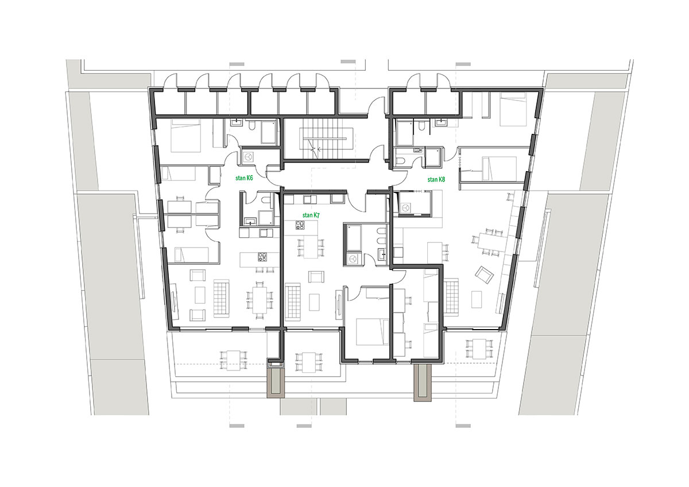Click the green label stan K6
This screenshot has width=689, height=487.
point(244,178)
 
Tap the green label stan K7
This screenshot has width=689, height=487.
point(311,215)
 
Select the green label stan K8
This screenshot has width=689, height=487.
point(436,179)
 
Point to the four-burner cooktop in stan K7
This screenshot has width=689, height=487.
point(300,226)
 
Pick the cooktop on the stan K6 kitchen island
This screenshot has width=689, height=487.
point(262,257)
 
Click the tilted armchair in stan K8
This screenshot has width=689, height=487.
point(485,275)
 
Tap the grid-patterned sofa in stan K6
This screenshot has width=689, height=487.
point(222,298)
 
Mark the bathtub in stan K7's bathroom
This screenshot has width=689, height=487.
point(354,238)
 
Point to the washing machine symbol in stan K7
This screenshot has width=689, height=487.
point(353,258)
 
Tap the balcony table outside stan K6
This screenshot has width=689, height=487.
point(234,360)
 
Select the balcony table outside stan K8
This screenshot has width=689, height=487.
point(479,349)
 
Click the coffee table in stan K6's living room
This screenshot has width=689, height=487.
point(200,295)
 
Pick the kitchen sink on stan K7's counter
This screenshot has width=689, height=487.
point(309,200)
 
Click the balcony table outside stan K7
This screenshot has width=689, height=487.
point(309,363)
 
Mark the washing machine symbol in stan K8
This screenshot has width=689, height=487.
point(406,208)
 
